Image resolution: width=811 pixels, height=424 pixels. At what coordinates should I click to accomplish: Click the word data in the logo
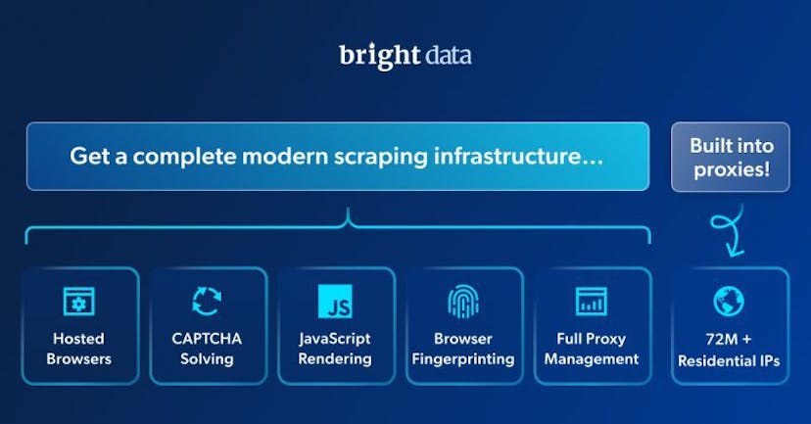click(449, 56)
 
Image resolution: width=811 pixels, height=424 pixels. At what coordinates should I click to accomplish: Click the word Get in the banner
click(87, 156)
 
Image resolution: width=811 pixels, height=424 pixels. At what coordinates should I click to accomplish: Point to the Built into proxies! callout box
click(730, 157)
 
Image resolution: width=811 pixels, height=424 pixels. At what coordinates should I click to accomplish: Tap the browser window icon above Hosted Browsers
click(79, 301)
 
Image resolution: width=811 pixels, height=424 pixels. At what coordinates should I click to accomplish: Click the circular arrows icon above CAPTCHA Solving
click(207, 301)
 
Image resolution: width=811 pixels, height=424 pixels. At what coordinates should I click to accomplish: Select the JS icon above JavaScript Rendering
click(335, 301)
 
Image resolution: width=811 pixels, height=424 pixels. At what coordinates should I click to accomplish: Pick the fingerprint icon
click(463, 301)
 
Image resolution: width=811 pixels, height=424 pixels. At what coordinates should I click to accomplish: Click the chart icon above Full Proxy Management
click(592, 301)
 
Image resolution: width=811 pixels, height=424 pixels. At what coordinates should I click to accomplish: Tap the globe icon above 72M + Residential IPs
click(729, 301)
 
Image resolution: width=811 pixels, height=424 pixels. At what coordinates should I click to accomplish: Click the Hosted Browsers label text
click(79, 349)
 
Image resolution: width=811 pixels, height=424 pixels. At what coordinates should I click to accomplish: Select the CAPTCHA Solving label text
click(207, 349)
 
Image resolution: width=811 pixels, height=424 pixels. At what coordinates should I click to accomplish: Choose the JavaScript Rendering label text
click(335, 349)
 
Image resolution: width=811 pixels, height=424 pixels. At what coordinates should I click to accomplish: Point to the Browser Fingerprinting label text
click(463, 349)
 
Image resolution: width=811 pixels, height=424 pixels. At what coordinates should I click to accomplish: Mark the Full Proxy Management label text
click(592, 349)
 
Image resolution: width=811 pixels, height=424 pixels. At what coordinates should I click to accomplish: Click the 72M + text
click(729, 339)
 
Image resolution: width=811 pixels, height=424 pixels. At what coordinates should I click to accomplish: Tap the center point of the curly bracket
click(348, 221)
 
